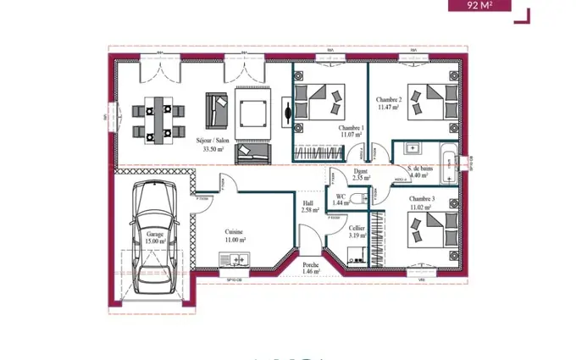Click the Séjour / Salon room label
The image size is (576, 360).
pyautogui.click(x=212, y=144)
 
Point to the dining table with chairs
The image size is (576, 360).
pyautogui.click(x=158, y=118)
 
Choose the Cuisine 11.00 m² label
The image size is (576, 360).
pyautogui.click(x=235, y=235)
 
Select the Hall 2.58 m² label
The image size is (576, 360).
pyautogui.click(x=309, y=206)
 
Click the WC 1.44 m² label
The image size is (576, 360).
pyautogui.click(x=341, y=199)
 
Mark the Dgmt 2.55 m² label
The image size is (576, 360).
pyautogui.click(x=362, y=174)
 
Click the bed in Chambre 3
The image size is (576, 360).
pyautogui.click(x=430, y=230)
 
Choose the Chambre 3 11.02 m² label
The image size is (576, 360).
pyautogui.click(x=421, y=202)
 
